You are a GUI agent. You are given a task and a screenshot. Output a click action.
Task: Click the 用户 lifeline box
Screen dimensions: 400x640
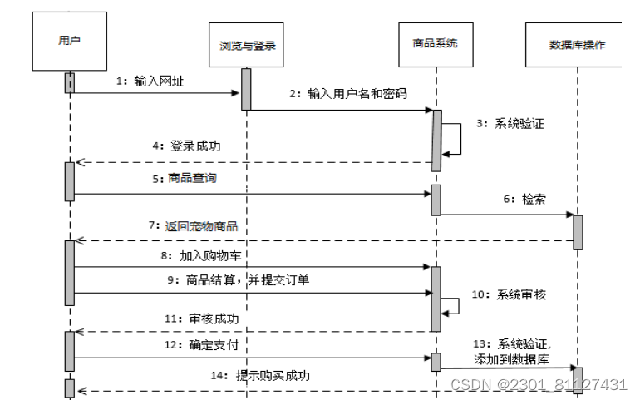point(70,40)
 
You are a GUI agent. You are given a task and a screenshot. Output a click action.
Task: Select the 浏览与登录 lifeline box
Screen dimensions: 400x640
point(246,46)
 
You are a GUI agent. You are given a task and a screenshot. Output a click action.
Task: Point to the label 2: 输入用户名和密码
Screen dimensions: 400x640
point(348,93)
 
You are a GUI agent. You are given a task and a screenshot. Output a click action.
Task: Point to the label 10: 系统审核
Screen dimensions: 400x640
point(508,294)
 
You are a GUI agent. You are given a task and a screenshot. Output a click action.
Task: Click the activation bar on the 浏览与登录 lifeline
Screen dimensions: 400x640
point(246,88)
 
